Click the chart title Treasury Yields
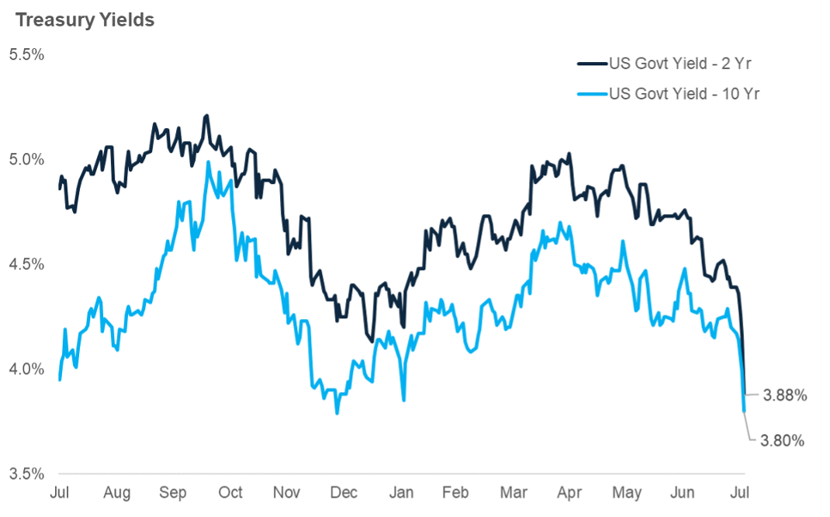pyautogui.click(x=85, y=20)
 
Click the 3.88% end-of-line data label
pyautogui.click(x=785, y=395)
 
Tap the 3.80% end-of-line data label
pyautogui.click(x=782, y=441)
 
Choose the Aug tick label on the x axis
pyautogui.click(x=116, y=493)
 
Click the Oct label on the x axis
pyautogui.click(x=230, y=493)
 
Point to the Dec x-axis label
pyautogui.click(x=344, y=493)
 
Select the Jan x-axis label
pyautogui.click(x=401, y=493)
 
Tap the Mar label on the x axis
pyautogui.click(x=514, y=493)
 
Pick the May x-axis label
pyautogui.click(x=627, y=493)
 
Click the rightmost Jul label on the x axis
pyautogui.click(x=740, y=493)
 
